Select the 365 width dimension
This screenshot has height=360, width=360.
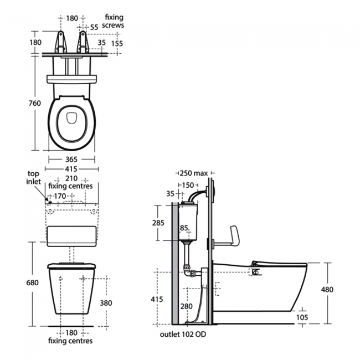(x=71, y=160)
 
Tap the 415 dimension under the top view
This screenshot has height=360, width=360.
(x=71, y=168)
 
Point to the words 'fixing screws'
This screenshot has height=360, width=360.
(x=114, y=21)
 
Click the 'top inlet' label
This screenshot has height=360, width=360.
(x=34, y=177)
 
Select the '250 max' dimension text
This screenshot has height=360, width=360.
(x=191, y=173)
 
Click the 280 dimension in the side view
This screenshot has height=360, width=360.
(x=186, y=305)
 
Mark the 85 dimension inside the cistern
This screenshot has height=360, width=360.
(x=184, y=228)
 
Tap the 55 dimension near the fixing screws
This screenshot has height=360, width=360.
(x=94, y=27)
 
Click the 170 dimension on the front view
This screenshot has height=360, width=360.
(x=60, y=196)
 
